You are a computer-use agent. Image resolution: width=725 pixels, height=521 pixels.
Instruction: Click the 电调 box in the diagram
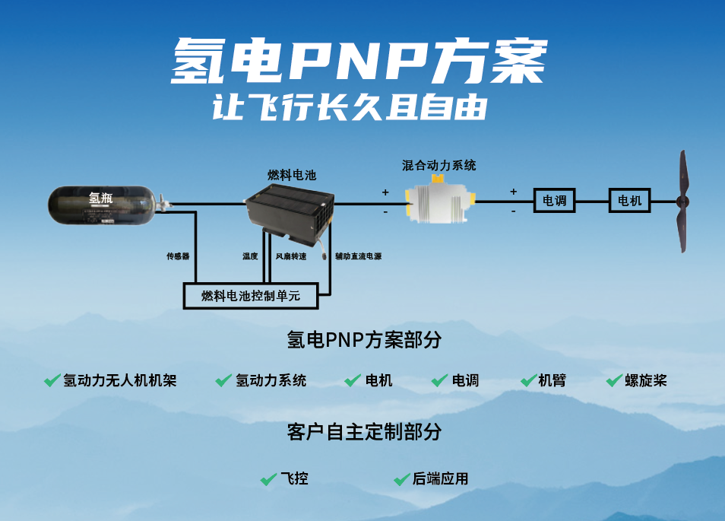[x=554, y=201]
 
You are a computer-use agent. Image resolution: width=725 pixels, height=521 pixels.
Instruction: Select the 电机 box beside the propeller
[x=630, y=201]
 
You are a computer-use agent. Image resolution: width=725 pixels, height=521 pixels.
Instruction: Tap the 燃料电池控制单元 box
[x=251, y=296]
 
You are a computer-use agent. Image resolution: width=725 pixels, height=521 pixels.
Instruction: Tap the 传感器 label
[x=178, y=256]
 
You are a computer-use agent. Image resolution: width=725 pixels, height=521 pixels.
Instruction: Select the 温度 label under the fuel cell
[x=251, y=256]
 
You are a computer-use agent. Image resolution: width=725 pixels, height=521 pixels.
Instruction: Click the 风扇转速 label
[x=291, y=256]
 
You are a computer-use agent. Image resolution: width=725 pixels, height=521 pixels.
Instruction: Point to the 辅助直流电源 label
[x=358, y=256]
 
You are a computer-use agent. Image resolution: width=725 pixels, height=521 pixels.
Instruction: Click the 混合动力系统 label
[x=439, y=165]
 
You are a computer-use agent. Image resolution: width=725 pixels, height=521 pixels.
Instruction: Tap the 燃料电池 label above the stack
[x=292, y=175]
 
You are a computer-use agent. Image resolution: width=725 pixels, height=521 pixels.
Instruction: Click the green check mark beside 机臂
[x=529, y=380]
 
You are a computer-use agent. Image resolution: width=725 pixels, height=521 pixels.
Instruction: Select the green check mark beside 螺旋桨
[x=614, y=380]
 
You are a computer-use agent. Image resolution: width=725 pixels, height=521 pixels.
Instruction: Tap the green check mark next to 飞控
[x=268, y=479]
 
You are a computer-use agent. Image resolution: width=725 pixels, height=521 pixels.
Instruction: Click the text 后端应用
[x=441, y=479]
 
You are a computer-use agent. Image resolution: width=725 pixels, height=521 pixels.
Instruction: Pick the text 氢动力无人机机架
[x=120, y=380]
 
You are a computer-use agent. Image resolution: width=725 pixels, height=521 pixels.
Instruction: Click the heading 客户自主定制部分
[x=364, y=432]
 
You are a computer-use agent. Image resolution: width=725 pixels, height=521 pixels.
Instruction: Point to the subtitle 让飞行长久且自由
[x=350, y=107]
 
